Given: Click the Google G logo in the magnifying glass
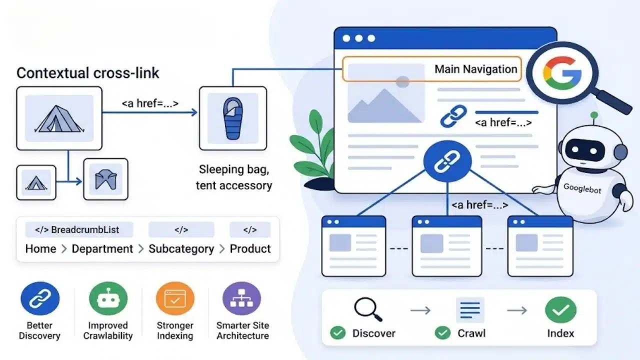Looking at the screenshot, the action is coord(562,73).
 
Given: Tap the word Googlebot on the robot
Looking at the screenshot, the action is coord(582,188).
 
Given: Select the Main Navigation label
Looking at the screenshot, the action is coord(475,69).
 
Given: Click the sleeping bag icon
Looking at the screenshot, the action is coord(233,118).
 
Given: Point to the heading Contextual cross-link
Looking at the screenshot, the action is coord(87,73).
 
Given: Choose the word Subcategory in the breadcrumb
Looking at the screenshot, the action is coord(181,249).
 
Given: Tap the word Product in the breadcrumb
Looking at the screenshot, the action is coord(250,248).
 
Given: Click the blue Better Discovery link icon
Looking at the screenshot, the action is coord(40,298).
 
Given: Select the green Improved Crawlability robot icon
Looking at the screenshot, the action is coord(108,298).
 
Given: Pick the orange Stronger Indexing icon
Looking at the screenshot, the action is coord(175,298).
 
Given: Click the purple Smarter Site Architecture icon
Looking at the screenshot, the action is coord(241,298).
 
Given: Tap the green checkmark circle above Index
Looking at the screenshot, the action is coord(561,310).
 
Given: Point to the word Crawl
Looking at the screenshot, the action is coord(471,333).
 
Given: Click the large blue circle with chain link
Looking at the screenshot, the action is coord(447,161).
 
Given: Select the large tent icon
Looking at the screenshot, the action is coord(59,119).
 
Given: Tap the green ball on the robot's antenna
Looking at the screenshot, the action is coord(594,115).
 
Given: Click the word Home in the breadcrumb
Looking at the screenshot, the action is coord(40,248).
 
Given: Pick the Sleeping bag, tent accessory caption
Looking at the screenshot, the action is coord(234,177).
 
